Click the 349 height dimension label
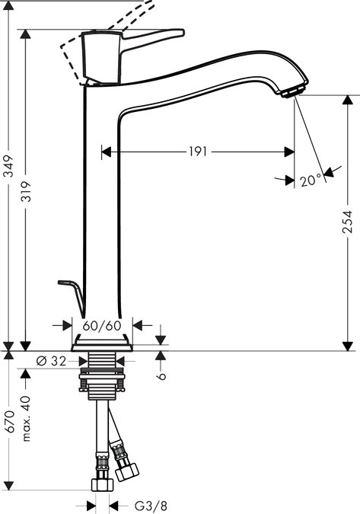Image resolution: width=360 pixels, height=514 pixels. pos(9,166)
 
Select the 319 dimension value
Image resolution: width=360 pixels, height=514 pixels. pos(26,191)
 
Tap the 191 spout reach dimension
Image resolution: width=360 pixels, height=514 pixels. pos(198,152)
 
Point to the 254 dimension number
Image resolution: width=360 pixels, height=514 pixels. pos(347,222)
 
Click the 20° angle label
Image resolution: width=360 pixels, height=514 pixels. pos(311,180)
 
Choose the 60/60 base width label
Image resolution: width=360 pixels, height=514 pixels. pos(102,326)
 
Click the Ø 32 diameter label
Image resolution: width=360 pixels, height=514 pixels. pos(51,361)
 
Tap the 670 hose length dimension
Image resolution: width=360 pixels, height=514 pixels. pos(9,421)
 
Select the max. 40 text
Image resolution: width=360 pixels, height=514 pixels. pos(26,419)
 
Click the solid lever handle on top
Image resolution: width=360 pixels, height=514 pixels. pos(132,56)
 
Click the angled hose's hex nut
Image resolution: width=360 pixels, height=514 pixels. pos(127,471)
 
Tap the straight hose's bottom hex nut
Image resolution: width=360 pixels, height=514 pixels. pos(102,484)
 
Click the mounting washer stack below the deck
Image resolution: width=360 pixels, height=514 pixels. pos(102,380)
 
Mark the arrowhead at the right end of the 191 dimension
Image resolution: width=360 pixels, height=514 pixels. pos(289,152)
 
